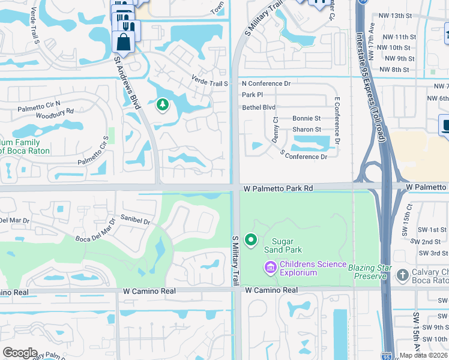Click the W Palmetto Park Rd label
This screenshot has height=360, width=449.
278,188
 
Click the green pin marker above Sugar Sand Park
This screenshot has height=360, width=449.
250,241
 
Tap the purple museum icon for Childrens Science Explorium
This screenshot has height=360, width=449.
270,266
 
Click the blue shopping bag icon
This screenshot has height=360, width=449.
123,42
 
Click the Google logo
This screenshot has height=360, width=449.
19,353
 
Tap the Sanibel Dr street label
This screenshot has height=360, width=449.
134,220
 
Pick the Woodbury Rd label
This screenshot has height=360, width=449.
54,111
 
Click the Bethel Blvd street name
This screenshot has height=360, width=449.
258,107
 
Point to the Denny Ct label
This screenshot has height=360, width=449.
276,128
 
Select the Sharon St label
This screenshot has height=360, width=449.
307,130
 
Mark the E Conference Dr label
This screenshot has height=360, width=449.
337,122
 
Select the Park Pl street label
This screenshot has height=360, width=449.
252,95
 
